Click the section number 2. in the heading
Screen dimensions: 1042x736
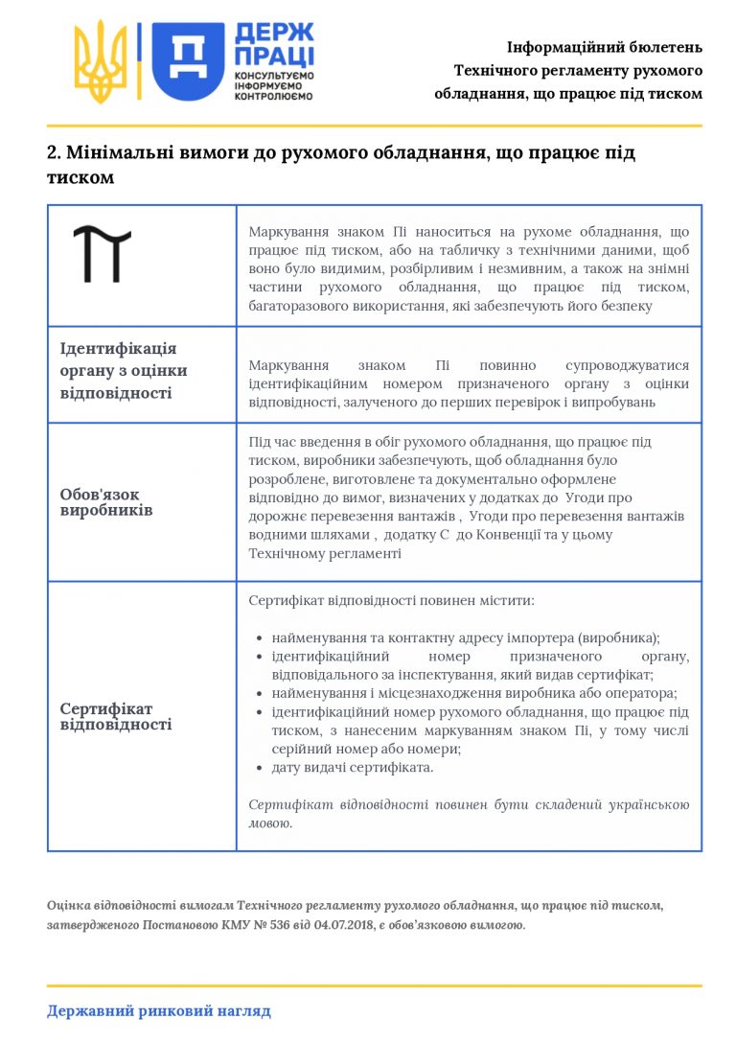click(54, 153)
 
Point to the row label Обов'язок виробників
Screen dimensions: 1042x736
click(100, 502)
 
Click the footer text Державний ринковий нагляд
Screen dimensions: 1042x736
click(159, 1010)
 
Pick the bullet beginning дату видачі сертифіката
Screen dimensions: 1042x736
click(353, 768)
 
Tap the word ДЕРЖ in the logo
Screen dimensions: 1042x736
click(274, 34)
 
